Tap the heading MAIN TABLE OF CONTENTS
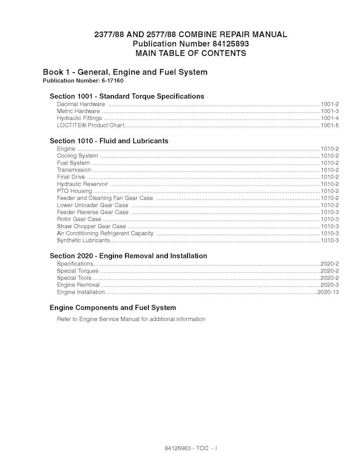point(190,53)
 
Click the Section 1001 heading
point(127,96)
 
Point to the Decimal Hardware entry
point(80,104)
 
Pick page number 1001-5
point(329,126)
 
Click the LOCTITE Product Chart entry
point(90,126)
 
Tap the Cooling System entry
point(77,156)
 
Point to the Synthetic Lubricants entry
point(83,240)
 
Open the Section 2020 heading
point(128,256)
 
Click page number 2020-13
point(327,292)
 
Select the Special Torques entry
point(78,271)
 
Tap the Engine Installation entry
point(80,292)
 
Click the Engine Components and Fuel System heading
point(113,307)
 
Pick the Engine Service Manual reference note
point(131,319)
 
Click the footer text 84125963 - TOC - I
point(191,449)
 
